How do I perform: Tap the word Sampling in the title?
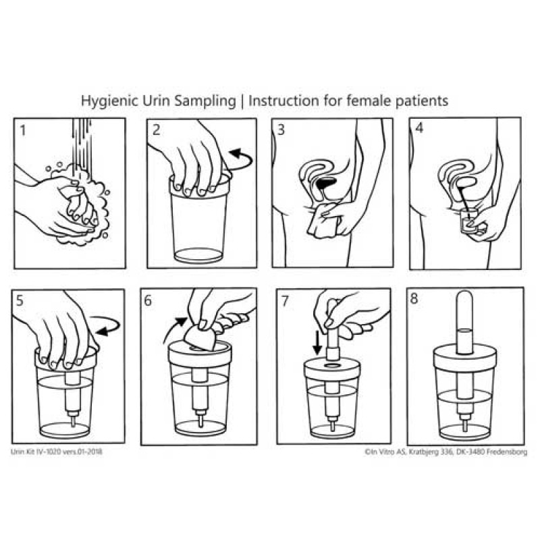click(x=205, y=101)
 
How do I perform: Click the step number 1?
click(x=23, y=130)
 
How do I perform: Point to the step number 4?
click(x=419, y=128)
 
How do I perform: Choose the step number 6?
click(x=148, y=300)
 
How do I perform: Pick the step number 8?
click(x=414, y=298)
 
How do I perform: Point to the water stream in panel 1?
click(x=82, y=144)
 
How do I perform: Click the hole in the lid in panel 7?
click(x=332, y=365)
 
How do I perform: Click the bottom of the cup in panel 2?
click(x=198, y=256)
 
